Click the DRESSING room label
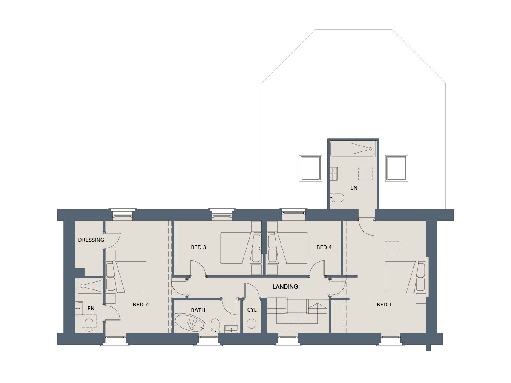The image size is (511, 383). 91,240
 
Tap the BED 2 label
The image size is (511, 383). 140,304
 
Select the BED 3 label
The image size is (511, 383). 198,247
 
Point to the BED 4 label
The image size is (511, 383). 324,247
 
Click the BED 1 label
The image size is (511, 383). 384,304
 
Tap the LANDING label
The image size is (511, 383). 285,286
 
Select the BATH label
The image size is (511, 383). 198,310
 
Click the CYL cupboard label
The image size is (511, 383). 252,310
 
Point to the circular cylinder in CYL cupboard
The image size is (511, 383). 251,323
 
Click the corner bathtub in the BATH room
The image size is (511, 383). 190,323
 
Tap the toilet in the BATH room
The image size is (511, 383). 215,326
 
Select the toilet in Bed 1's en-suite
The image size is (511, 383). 337,198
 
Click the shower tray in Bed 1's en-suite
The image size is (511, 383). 353,149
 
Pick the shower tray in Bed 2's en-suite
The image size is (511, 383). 89,286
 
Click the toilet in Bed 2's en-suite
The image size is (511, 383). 89,325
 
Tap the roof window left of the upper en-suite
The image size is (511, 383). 310,168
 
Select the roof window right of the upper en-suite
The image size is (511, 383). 396,168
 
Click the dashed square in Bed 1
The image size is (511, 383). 392,248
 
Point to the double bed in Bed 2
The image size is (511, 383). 126,277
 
